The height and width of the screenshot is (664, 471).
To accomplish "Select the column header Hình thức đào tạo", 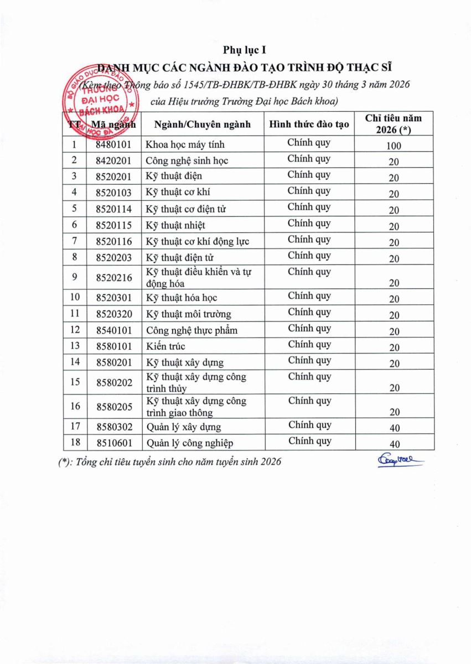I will coord(309,124).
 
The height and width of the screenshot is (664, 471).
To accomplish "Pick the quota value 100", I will coord(394,146).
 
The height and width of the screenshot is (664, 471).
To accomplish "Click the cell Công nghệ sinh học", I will coord(187,161).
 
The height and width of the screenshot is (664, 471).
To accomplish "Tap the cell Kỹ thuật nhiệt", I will coord(175,225).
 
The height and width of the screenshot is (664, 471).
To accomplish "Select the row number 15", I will coord(75,381).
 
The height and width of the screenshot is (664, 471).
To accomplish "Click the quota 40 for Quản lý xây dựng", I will coord(394,428).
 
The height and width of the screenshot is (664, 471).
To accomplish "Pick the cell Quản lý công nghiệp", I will coord(189,443).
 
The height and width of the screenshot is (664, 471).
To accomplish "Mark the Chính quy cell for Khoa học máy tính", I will coord(309,143).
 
